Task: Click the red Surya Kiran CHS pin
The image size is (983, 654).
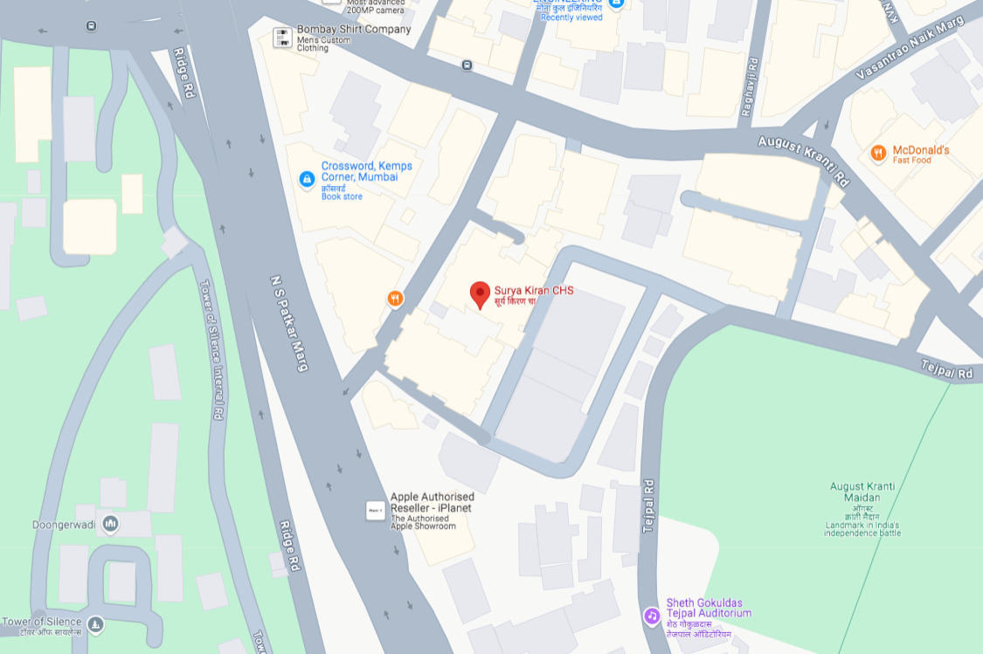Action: coord(480,294)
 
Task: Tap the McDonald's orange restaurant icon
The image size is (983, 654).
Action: coord(878,154)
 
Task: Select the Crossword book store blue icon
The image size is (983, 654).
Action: coord(307,179)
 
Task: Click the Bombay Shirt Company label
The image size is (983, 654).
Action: coord(353,29)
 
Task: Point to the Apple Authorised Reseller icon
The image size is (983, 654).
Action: coord(375,510)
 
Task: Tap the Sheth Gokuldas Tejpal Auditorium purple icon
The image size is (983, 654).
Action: coord(651,616)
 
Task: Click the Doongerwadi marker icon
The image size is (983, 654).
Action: coord(110,524)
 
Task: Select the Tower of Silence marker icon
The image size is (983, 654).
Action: coord(95,624)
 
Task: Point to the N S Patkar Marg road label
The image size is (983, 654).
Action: coord(290,323)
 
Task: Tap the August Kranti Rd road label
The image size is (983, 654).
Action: coord(803,161)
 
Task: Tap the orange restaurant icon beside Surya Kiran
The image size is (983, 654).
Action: coord(396,299)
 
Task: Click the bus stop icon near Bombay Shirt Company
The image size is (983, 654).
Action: coord(467,65)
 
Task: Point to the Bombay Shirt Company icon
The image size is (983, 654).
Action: coord(282,37)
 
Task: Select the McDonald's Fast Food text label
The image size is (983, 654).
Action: coord(920,155)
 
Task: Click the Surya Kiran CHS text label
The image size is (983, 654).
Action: coord(534,290)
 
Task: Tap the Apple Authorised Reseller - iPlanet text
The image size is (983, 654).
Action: coord(432,502)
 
